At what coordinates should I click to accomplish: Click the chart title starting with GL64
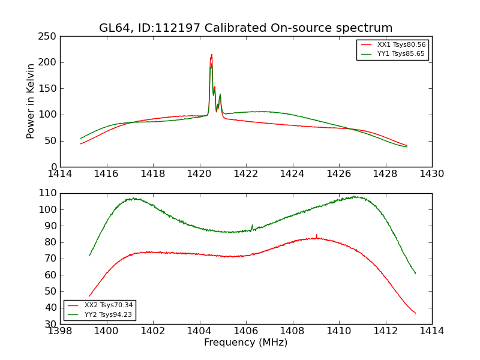[246, 28]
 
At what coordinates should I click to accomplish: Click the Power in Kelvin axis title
[31, 101]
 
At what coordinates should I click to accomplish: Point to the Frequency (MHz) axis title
[246, 343]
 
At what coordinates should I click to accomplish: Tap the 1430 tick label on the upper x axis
[431, 173]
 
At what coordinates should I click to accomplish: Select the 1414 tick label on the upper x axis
[61, 173]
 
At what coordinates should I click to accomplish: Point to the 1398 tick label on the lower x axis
[61, 331]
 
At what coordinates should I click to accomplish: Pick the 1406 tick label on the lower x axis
[246, 331]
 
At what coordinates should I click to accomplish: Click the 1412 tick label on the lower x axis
[385, 331]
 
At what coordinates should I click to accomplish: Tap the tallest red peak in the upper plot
[211, 55]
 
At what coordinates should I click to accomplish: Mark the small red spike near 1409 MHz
[316, 235]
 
